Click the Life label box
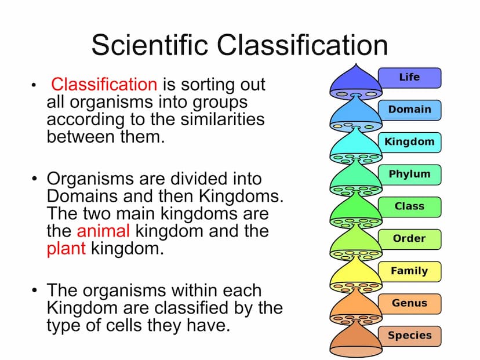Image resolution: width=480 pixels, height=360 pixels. coord(410,78)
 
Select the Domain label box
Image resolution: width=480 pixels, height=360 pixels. coord(410,110)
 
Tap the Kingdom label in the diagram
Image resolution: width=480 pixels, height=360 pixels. coord(410,143)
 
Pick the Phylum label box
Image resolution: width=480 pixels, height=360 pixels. coord(410,175)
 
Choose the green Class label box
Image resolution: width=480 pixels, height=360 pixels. coord(410,207)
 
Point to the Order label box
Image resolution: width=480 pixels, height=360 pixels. coord(410,239)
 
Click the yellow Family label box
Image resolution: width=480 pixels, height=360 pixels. coord(410,272)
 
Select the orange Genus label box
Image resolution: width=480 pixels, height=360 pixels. coord(410,304)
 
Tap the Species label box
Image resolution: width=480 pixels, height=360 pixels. coord(410,336)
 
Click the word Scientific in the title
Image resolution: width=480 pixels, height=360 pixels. coord(150,45)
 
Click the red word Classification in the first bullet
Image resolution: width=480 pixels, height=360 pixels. coord(104,84)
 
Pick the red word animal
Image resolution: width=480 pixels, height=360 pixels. coord(103,231)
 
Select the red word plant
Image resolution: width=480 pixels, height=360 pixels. coord(66,249)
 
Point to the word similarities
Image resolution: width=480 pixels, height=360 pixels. coord(223,119)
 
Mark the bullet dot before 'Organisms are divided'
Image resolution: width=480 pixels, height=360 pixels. coord(34,178)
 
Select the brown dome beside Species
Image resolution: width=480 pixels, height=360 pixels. coord(356,339)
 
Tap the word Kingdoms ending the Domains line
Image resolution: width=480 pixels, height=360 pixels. coord(241,196)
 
